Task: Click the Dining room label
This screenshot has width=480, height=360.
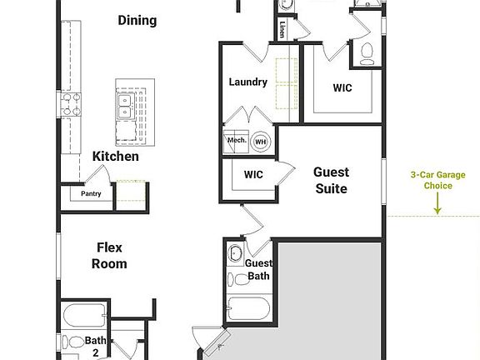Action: point(137,20)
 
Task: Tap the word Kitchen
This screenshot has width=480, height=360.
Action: point(116,156)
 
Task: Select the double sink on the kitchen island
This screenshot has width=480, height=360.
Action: point(127,104)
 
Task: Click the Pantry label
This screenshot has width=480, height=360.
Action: point(91,194)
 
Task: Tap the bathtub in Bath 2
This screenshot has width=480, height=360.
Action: point(84,316)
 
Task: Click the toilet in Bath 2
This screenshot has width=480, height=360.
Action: point(73,342)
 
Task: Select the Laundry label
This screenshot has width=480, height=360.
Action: point(247,82)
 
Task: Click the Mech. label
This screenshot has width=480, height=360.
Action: point(235,141)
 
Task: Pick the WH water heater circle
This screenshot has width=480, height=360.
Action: point(260,141)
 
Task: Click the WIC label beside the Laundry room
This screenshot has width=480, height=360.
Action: point(342,87)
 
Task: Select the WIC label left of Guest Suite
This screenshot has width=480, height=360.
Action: point(253,175)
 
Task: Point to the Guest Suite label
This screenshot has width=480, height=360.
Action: point(331,180)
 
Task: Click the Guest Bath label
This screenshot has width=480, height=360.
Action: point(257,269)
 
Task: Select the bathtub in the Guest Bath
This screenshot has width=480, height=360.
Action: point(247,311)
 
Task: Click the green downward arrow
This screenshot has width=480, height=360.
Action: point(437,203)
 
